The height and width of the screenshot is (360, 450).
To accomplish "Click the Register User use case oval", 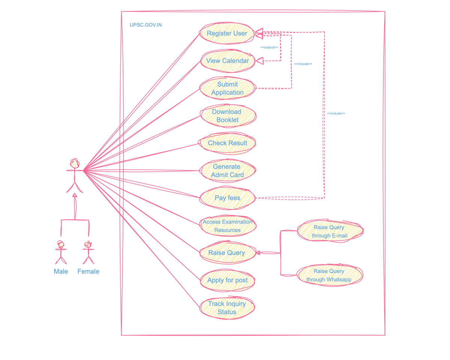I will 227,33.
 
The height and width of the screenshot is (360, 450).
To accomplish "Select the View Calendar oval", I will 227,61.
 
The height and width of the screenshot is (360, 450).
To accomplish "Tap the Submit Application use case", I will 227,88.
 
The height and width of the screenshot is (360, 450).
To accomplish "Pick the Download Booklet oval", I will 227,116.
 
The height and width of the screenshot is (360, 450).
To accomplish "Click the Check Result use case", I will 227,143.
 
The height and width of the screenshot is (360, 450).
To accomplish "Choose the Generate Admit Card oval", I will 227,171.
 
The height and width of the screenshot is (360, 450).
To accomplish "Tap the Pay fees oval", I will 227,198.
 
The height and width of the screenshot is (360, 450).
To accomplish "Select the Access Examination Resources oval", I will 227,226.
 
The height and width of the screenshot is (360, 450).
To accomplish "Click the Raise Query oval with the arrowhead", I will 227,253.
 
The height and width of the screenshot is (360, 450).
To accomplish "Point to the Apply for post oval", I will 227,280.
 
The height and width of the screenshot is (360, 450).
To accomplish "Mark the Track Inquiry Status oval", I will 227,308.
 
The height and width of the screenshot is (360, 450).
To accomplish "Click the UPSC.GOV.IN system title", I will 146,25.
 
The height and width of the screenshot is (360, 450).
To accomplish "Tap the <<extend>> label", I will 269,48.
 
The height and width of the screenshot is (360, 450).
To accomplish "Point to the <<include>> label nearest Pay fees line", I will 336,113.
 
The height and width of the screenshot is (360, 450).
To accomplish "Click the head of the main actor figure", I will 75,163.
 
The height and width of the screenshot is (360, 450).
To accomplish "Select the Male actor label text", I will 61,271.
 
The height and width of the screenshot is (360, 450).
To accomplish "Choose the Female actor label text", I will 88,271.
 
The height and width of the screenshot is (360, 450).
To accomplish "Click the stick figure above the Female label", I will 88,252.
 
